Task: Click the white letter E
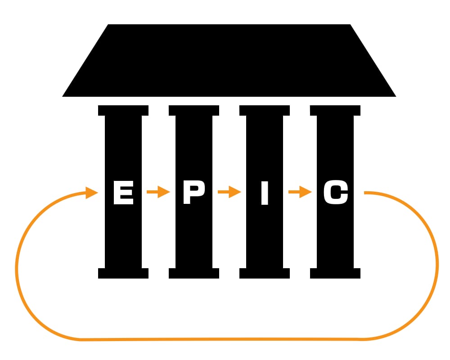pos(123,193)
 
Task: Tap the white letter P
pos(193,193)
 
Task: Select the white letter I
pos(265,193)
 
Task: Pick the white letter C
pos(336,193)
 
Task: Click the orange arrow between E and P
pos(158,193)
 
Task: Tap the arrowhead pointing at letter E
pos(91,193)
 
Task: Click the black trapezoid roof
pos(229,61)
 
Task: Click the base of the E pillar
pos(123,273)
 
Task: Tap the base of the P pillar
pos(194,273)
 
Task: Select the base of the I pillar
pos(265,273)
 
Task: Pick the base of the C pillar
pos(335,273)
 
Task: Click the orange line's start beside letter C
pos(367,193)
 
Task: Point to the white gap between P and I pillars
pos(229,234)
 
